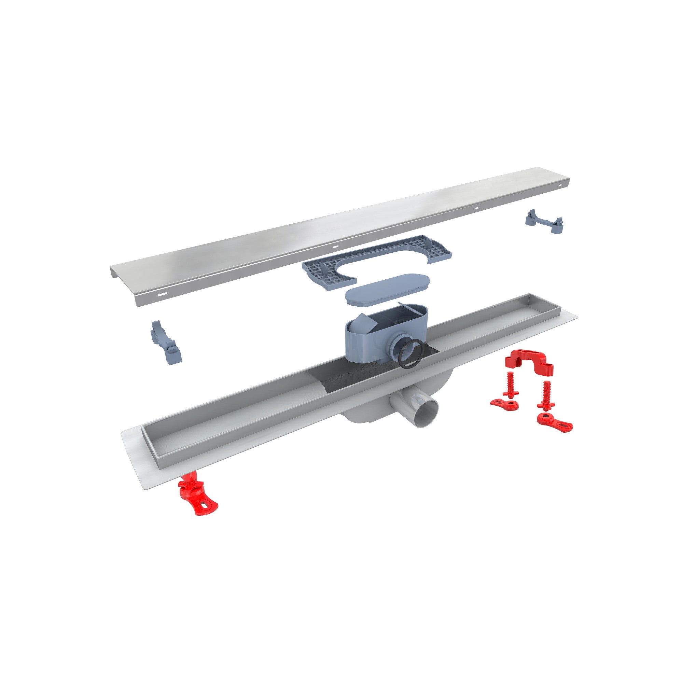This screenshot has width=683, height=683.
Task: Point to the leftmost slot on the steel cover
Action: point(162,294)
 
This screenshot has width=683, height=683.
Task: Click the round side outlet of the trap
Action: point(399,348)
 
